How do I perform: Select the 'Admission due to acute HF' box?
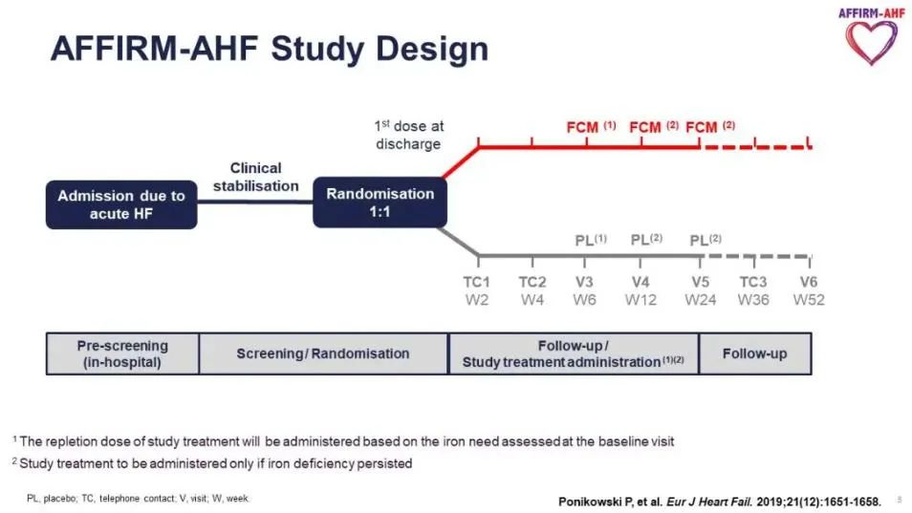coord(121,204)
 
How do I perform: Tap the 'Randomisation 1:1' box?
coord(380,203)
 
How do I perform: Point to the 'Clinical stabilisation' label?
coord(255,177)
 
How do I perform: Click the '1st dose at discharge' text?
coord(408,135)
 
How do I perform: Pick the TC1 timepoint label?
coord(476,282)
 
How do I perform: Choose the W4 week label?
coord(532,300)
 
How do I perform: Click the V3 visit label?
coord(585,282)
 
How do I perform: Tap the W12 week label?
coord(641,300)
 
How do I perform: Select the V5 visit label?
coord(699,282)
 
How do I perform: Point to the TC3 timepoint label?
coord(753,282)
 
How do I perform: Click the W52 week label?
coord(809,300)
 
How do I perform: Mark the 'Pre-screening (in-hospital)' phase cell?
coord(122,353)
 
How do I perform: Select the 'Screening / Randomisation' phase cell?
coord(323,353)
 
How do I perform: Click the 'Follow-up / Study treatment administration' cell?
coord(574,353)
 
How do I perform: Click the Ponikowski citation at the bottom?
coord(719,502)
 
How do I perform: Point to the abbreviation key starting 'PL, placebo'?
coord(138,499)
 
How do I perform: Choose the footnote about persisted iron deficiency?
coord(212,463)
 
